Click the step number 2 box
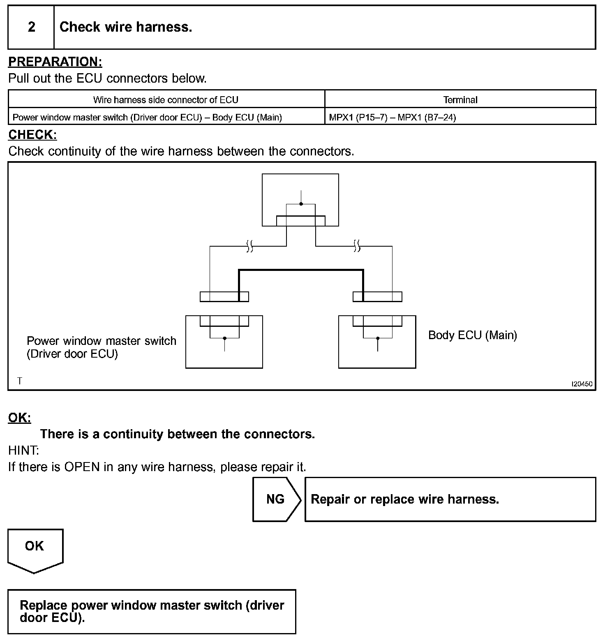[x=31, y=27]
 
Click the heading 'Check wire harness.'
[x=126, y=27]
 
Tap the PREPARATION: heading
[x=55, y=62]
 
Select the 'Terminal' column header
[x=460, y=99]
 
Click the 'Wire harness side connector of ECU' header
[x=166, y=99]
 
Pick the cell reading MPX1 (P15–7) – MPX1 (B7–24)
[x=393, y=117]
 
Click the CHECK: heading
[x=32, y=134]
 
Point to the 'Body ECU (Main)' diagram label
[x=472, y=335]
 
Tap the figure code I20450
[x=582, y=384]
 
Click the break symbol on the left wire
[x=249, y=246]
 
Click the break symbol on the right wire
[x=357, y=246]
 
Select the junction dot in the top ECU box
[x=301, y=204]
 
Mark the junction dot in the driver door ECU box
[x=224, y=338]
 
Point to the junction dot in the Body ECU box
[x=378, y=338]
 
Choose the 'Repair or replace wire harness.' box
[x=450, y=499]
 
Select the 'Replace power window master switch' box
[x=152, y=611]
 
